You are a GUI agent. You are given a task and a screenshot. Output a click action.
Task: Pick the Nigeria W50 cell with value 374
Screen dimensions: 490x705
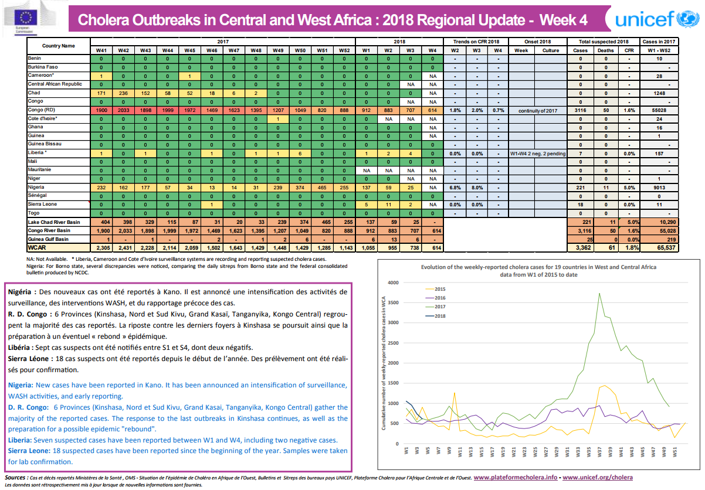click(300, 187)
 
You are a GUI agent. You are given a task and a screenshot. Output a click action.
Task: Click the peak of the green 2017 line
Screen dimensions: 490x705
click(599, 293)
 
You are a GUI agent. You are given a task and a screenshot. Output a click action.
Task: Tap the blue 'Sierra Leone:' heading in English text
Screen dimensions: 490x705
click(29, 450)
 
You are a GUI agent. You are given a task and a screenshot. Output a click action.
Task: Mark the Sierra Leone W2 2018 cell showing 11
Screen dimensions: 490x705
click(387, 205)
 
